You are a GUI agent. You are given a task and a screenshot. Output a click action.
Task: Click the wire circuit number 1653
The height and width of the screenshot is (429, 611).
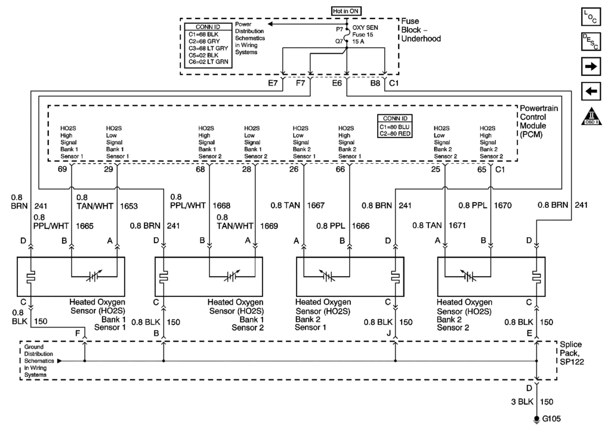pyautogui.click(x=129, y=206)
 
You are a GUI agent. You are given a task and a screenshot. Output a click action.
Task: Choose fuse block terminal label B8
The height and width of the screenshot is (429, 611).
pyautogui.click(x=375, y=84)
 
